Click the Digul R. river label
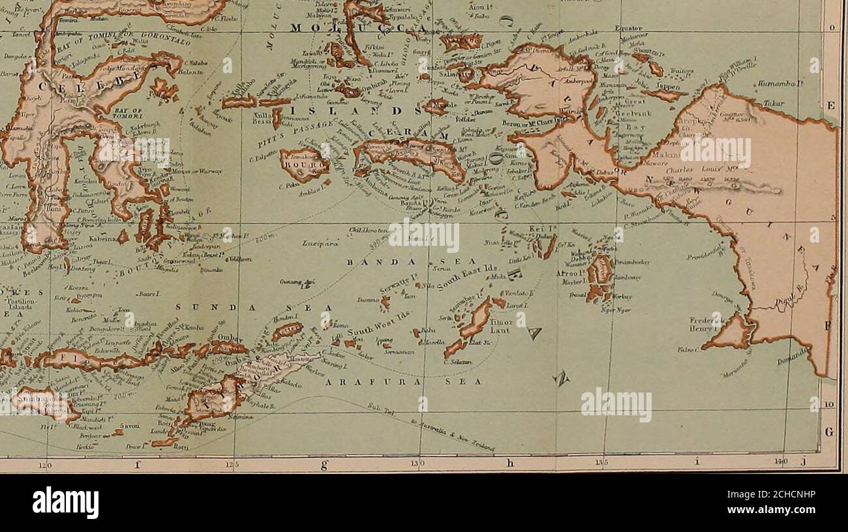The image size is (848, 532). coord(787,300)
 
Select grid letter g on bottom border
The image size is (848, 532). coord(323,464)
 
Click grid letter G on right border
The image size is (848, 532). coord(830,432)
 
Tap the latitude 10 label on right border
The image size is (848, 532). coord(830,405)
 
